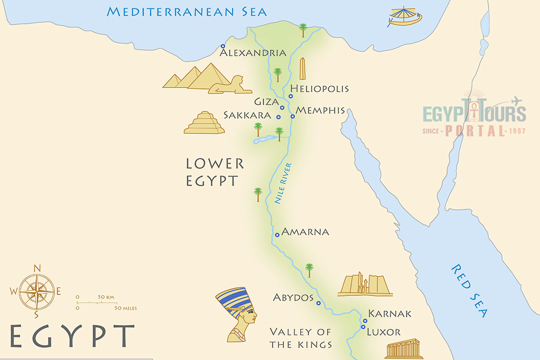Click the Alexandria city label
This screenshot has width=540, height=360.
[x=253, y=53]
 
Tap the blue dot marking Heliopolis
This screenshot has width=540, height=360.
[x=291, y=96]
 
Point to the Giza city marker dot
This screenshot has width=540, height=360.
[x=282, y=108]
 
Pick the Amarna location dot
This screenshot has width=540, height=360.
[x=277, y=235]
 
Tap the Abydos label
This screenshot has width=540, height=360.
[x=293, y=298]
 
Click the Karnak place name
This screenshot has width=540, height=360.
[x=390, y=314]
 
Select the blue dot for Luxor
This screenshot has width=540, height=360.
[x=363, y=327]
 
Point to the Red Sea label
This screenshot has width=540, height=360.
[x=469, y=291]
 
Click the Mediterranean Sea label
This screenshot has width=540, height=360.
[x=187, y=12]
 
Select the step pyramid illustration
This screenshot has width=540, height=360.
[x=204, y=123]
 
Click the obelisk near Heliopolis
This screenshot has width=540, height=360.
[x=303, y=69]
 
